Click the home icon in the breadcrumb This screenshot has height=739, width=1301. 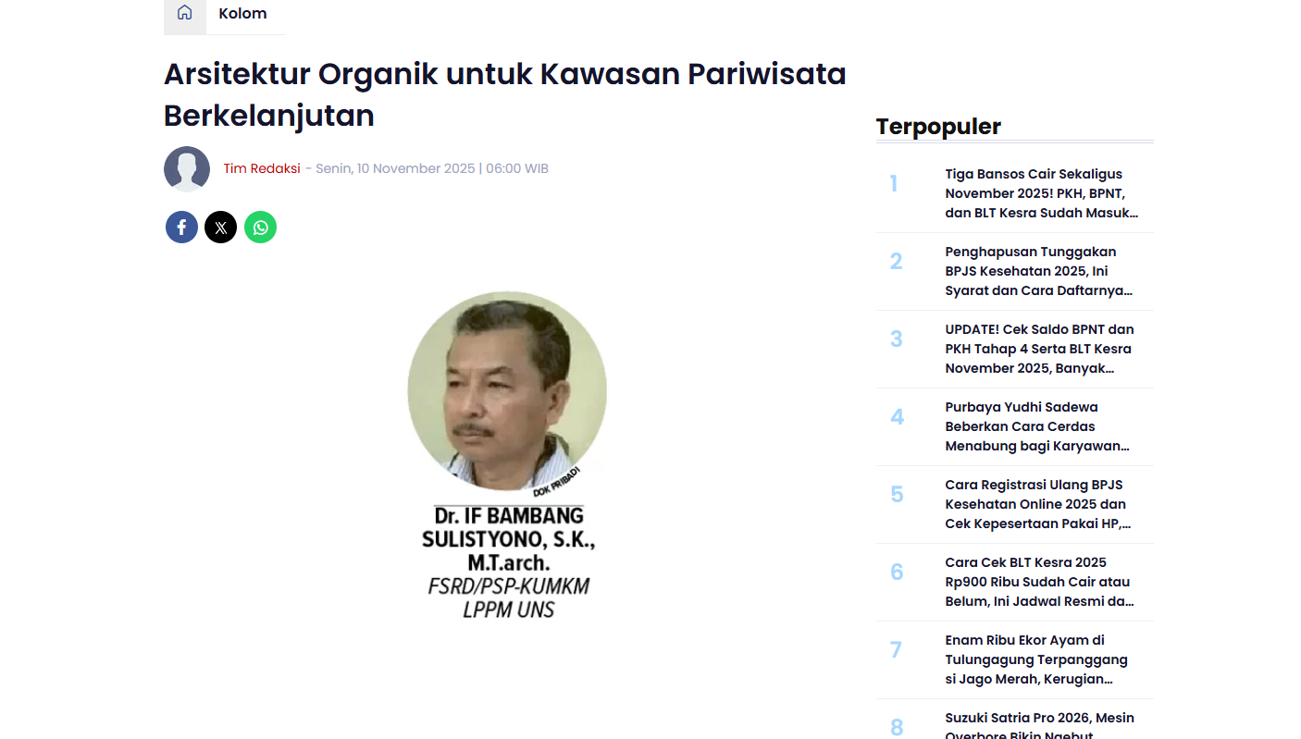pyautogui.click(x=185, y=13)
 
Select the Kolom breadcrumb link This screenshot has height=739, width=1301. pyautogui.click(x=242, y=14)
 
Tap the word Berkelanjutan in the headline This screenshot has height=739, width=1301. pyautogui.click(x=269, y=116)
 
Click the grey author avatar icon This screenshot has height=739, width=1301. pyautogui.click(x=187, y=169)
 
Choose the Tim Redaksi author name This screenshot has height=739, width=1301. pyautogui.click(x=262, y=169)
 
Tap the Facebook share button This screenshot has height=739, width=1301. pyautogui.click(x=181, y=228)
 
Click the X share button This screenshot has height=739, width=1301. pyautogui.click(x=220, y=228)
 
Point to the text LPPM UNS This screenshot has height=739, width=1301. pyautogui.click(x=509, y=610)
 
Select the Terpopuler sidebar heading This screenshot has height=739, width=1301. pyautogui.click(x=938, y=127)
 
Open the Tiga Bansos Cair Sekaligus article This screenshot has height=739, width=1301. pyautogui.click(x=1041, y=193)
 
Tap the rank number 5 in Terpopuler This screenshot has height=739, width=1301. pyautogui.click(x=897, y=495)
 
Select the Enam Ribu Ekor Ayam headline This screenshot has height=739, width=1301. pyautogui.click(x=1036, y=659)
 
